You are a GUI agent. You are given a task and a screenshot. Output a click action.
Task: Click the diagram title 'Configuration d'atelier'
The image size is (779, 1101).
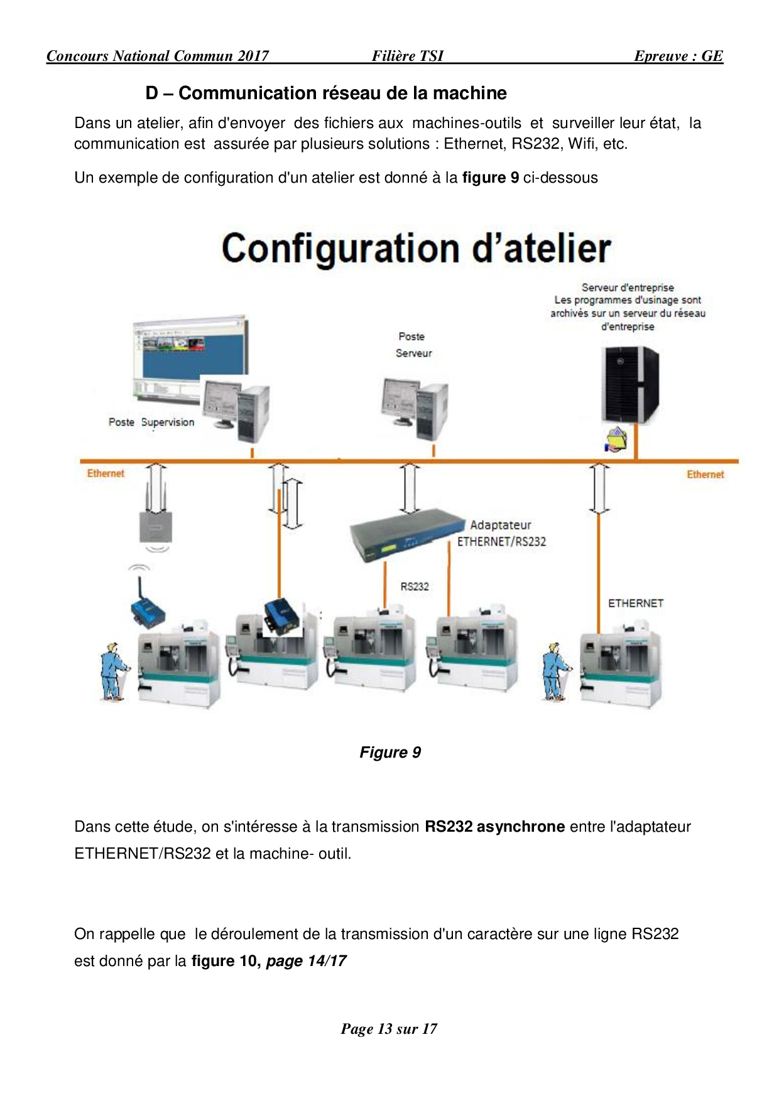click(x=416, y=248)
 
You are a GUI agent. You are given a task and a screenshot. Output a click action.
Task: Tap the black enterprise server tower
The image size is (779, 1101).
click(x=630, y=384)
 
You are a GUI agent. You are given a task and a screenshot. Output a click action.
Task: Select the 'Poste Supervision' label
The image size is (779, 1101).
click(x=151, y=422)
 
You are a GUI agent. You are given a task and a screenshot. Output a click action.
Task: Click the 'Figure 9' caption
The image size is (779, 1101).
click(x=389, y=752)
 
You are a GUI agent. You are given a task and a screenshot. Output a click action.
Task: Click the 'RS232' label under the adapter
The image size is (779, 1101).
click(x=415, y=586)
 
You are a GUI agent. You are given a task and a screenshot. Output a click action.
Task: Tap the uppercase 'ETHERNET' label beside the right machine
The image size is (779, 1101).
click(x=635, y=603)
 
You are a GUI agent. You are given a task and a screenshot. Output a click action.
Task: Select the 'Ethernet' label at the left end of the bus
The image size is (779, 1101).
click(x=106, y=473)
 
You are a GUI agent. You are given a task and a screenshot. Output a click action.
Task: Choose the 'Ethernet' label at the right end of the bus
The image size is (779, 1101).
click(x=705, y=475)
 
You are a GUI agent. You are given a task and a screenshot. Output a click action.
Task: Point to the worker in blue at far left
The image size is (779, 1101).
click(x=113, y=671)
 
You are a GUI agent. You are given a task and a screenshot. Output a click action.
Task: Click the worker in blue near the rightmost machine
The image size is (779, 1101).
click(x=555, y=671)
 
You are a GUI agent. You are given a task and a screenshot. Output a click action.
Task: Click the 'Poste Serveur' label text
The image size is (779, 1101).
click(x=413, y=345)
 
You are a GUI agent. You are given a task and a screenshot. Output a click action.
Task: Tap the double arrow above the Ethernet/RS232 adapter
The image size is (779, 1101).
click(x=410, y=488)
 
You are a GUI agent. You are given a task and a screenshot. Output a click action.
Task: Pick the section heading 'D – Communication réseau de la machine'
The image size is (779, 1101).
click(x=326, y=93)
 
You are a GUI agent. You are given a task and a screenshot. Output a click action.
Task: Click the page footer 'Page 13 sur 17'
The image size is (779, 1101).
click(x=389, y=1029)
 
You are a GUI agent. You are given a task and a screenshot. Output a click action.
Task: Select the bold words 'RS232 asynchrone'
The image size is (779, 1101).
click(x=494, y=827)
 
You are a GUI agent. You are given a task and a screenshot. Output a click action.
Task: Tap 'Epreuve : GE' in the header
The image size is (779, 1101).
click(x=678, y=56)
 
